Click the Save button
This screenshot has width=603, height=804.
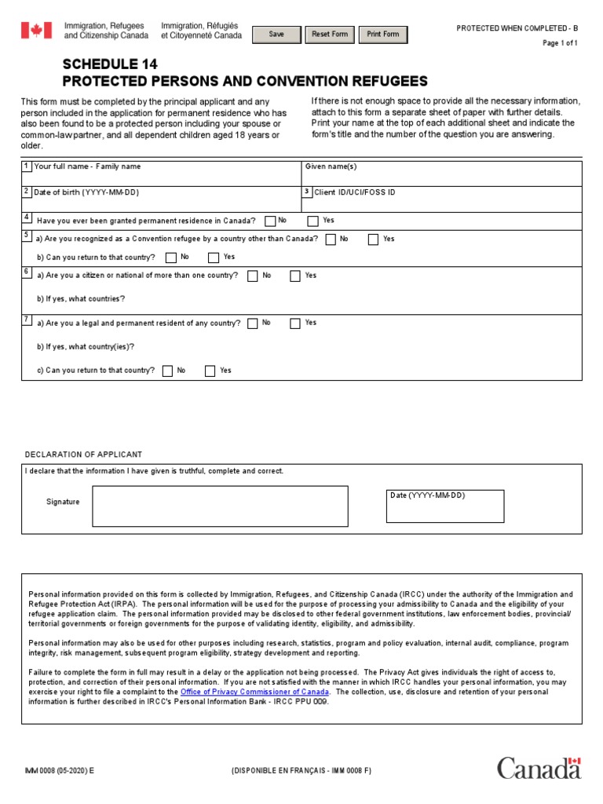point(276,35)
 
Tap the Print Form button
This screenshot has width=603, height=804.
point(383,35)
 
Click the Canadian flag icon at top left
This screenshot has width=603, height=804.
point(36,31)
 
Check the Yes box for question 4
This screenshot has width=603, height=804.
point(312,221)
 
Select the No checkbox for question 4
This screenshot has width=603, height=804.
point(270,221)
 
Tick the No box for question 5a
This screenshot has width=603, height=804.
point(331,239)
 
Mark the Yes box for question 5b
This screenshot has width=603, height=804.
point(214,258)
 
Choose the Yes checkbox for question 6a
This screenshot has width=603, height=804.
point(295,276)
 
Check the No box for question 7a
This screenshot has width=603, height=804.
point(252,323)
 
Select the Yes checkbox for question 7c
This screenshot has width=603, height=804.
point(210,371)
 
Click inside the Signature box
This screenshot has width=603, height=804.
point(220,506)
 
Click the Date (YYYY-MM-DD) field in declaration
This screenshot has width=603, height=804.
point(444,506)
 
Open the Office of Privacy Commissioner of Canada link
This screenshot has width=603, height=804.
point(254,693)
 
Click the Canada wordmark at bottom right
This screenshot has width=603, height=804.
point(539,768)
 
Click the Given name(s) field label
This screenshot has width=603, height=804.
point(331,167)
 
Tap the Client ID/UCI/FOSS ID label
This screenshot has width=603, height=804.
point(354,192)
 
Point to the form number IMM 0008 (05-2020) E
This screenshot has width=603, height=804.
point(59,771)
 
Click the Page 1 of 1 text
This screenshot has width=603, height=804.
point(560,43)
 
